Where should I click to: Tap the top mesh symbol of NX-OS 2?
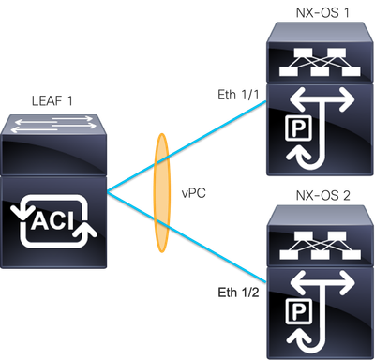point(320,241)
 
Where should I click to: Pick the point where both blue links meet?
point(109,190)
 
